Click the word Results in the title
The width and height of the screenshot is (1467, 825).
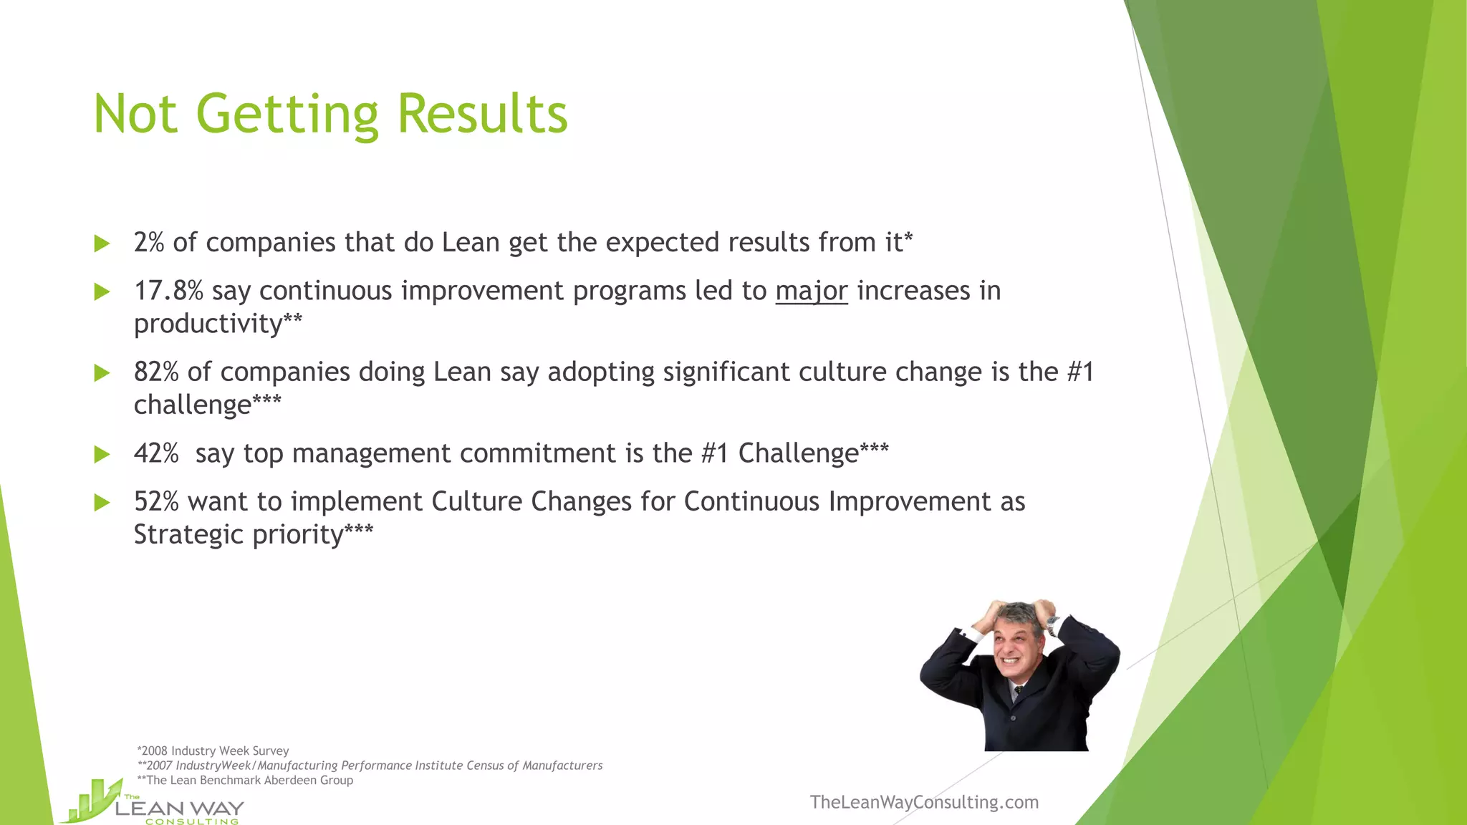482,115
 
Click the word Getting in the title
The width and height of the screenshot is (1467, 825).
287,115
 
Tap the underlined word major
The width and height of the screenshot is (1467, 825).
811,291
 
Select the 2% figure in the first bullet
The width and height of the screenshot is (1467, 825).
149,243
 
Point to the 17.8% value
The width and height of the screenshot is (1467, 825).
168,291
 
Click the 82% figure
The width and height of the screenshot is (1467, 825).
156,372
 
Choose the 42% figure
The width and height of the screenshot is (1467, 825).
156,453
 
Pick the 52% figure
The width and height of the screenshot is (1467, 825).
156,502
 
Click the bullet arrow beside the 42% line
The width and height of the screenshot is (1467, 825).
102,454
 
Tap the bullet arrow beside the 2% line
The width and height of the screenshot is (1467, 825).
102,243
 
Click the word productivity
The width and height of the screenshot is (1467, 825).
208,324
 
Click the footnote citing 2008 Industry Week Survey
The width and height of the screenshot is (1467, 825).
213,751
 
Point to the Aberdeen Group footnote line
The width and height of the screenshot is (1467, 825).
246,781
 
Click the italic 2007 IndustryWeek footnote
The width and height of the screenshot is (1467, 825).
370,766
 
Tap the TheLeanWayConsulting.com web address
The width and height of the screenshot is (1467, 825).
924,802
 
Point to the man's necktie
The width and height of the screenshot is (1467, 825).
1017,692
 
